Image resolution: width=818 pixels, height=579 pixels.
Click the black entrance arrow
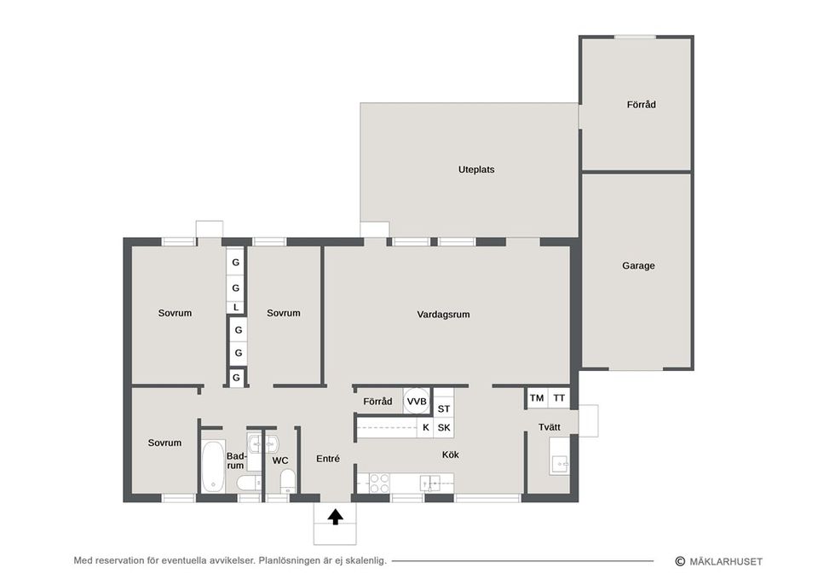[336, 517]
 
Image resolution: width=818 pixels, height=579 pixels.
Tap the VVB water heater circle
[417, 401]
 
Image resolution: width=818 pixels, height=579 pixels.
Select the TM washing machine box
[536, 398]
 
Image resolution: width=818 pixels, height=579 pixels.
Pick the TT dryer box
[559, 398]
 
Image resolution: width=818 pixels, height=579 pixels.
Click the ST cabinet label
[443, 408]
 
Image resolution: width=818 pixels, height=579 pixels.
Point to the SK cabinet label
[444, 427]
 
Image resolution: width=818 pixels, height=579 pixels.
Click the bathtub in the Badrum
[212, 466]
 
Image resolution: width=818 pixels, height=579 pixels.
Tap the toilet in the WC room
[287, 481]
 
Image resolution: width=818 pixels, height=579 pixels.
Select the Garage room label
[638, 266]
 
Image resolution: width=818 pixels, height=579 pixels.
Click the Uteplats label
[476, 170]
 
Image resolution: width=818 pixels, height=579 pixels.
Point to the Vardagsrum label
[443, 315]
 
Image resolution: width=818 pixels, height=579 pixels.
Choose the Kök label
[450, 455]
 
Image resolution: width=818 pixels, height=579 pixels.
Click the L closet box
[236, 308]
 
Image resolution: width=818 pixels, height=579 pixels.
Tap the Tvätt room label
[550, 427]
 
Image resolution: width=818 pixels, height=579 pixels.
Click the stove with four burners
[379, 483]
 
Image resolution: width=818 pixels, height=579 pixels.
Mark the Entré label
[328, 459]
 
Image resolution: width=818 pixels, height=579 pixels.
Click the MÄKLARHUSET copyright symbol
[680, 561]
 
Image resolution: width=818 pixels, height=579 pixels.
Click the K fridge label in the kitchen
[426, 427]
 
